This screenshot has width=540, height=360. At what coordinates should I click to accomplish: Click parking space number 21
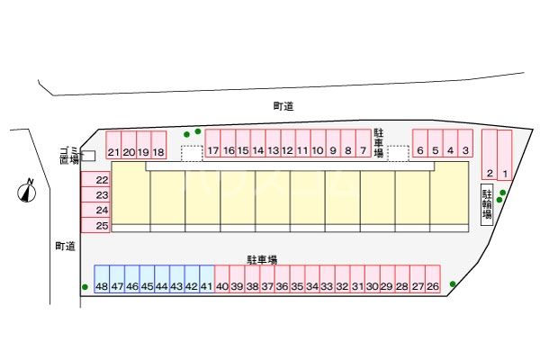[x=113, y=145]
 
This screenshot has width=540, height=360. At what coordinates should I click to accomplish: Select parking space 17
[x=212, y=143]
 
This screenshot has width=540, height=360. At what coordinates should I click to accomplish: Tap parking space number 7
[x=363, y=143]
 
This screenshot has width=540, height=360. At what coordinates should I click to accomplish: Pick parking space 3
[x=465, y=143]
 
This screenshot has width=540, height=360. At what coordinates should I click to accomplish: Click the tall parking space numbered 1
[x=505, y=155]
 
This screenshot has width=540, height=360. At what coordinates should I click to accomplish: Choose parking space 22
[x=95, y=179]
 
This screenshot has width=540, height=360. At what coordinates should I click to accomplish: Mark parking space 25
[x=95, y=225]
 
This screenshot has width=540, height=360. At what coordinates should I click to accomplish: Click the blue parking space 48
[x=102, y=279]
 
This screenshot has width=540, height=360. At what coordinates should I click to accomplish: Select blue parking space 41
[x=207, y=279]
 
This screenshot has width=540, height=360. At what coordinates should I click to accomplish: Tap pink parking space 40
[x=221, y=279]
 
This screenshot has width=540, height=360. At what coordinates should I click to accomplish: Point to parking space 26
[x=433, y=279]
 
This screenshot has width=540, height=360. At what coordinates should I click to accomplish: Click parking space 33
[x=328, y=279]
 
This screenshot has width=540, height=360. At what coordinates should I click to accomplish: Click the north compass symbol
[x=27, y=191]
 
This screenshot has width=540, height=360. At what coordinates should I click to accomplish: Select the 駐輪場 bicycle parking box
[x=487, y=204]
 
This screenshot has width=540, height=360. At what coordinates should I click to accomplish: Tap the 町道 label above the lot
[x=283, y=106]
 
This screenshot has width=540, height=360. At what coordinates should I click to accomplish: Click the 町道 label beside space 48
[x=66, y=246]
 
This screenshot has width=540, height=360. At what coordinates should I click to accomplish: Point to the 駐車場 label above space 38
[x=262, y=259]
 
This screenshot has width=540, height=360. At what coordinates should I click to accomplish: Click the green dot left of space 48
[x=85, y=286]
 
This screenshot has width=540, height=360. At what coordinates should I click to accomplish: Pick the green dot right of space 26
[x=453, y=283]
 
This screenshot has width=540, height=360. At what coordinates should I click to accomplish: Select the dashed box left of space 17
[x=192, y=154]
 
